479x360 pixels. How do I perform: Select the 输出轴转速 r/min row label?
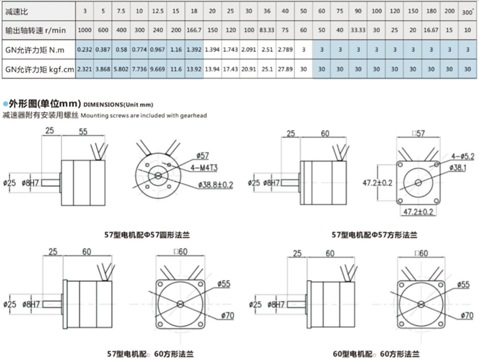tap(34, 31)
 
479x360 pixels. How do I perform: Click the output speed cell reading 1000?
tap(84, 31)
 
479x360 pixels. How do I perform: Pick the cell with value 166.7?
tap(194, 31)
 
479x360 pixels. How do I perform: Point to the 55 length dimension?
tap(82, 131)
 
